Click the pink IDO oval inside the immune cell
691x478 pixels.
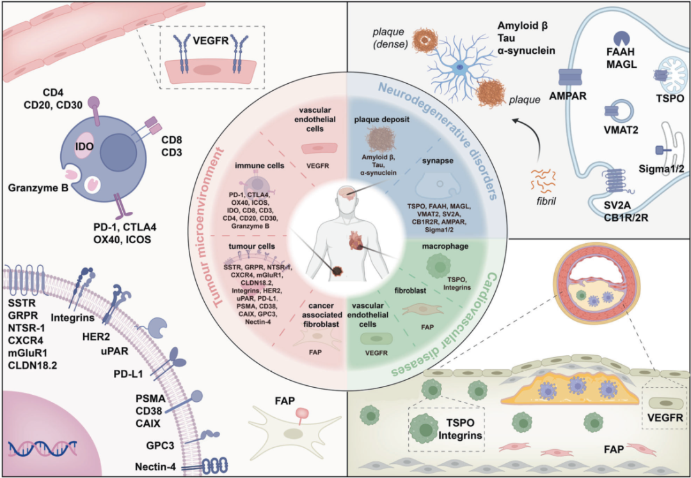click(x=87, y=143)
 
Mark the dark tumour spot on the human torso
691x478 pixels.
click(x=337, y=271)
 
